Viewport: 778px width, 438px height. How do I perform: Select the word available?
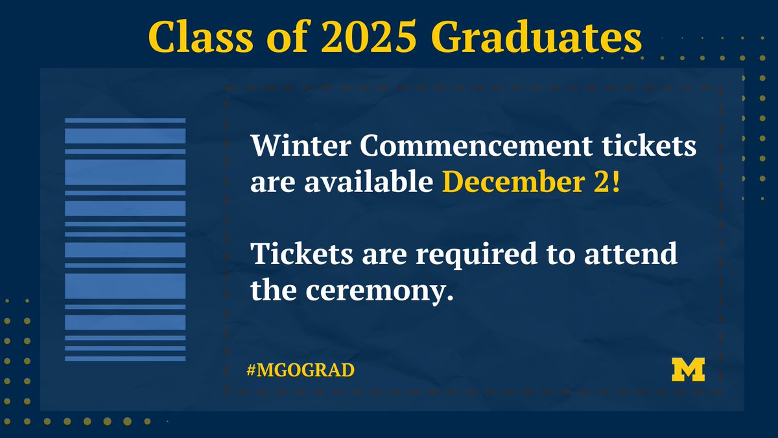[x=366, y=183]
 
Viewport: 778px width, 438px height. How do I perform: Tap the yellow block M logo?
[x=688, y=369]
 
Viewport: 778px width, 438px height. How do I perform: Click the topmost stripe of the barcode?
[x=125, y=120]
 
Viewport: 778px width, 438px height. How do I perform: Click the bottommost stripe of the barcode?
[x=125, y=358]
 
